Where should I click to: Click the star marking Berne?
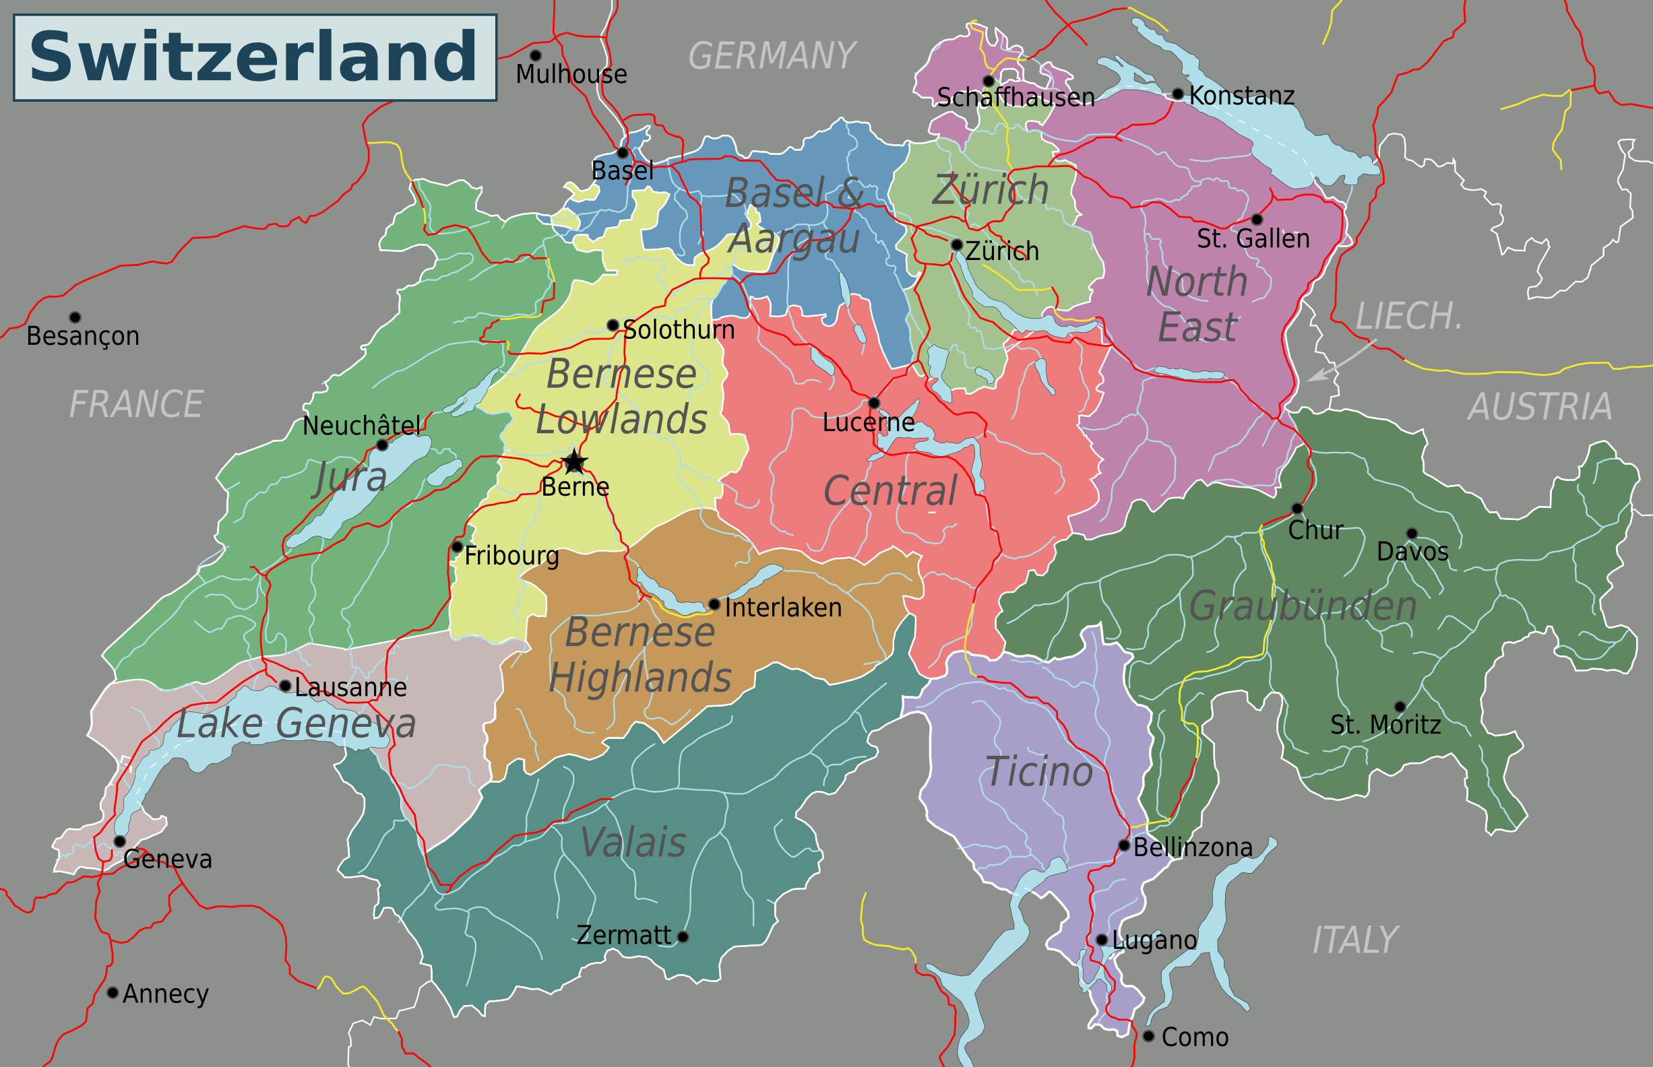(574, 461)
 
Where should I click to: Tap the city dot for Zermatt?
(683, 937)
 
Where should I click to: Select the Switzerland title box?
(255, 57)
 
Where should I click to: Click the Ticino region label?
(1038, 772)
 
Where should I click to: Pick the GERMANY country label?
(772, 55)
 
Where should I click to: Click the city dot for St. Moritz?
(1400, 707)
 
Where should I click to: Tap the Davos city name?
(1412, 552)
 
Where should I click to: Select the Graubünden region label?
(1303, 606)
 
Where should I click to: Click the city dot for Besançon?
(75, 317)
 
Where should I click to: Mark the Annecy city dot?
(113, 993)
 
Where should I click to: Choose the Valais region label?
(632, 843)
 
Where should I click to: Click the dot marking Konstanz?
(1177, 94)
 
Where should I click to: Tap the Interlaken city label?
(783, 608)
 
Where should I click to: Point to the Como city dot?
(1148, 1036)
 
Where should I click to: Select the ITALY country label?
(1355, 940)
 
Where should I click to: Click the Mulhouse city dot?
(535, 55)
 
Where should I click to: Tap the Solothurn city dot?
(613, 325)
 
